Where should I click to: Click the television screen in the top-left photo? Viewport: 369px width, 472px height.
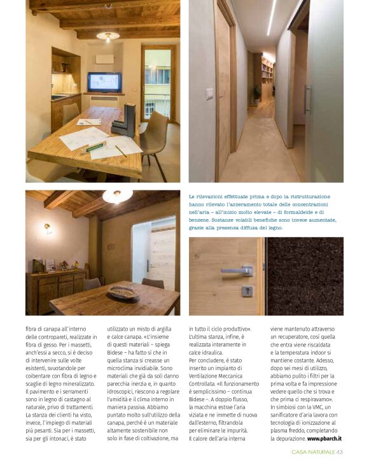(104, 82)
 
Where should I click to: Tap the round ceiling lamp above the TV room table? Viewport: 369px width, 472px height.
(108, 36)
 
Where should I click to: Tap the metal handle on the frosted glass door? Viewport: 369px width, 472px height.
(307, 99)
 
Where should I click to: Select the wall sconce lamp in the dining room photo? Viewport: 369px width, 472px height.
(46, 227)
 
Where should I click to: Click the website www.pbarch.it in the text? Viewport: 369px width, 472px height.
(324, 439)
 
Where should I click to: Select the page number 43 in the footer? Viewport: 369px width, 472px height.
(340, 452)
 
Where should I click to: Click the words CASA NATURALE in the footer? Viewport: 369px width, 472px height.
(312, 452)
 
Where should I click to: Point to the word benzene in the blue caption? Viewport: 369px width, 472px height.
(202, 219)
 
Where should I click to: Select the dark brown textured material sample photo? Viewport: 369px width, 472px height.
(305, 275)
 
